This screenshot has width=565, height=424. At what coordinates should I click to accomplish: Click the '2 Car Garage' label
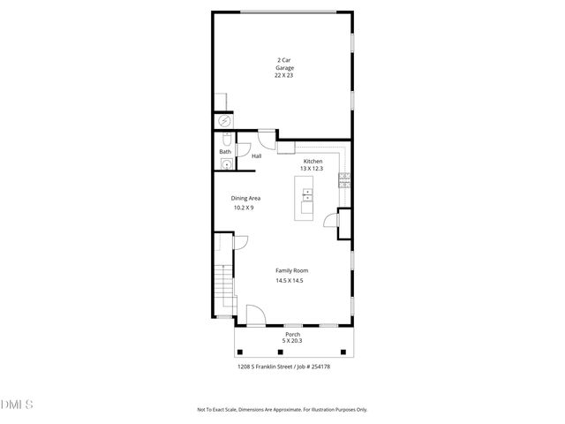[284, 64]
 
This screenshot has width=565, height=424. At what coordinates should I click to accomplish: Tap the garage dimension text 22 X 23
[284, 75]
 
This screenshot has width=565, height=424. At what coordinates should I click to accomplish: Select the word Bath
[225, 152]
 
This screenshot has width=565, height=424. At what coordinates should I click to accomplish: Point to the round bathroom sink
[225, 164]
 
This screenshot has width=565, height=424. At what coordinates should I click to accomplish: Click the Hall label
[256, 156]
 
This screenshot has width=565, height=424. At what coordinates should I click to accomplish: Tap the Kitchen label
[313, 161]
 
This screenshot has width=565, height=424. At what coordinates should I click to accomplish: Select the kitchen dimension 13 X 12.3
[313, 169]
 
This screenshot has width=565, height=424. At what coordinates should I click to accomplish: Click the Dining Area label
[245, 198]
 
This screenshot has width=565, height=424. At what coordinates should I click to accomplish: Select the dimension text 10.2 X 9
[244, 208]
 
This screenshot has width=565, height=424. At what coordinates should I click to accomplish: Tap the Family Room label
[291, 270]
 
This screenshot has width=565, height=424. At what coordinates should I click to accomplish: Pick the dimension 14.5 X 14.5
[290, 280]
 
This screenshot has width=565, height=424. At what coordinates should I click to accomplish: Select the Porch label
[292, 334]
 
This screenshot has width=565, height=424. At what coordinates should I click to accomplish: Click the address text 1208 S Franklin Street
[264, 366]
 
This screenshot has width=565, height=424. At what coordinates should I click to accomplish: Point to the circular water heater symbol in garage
[225, 121]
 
